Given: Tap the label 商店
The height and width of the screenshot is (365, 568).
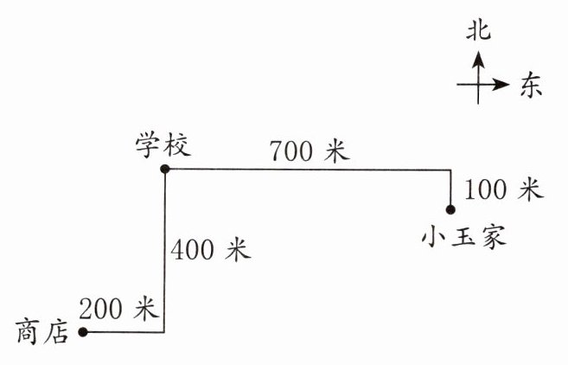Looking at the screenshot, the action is tap(41, 333).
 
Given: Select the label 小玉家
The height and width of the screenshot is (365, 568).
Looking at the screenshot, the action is tap(463, 235).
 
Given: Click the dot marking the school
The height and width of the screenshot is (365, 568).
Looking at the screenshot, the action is tap(165, 170).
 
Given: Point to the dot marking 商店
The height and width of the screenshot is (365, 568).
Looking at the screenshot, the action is tap(82, 331).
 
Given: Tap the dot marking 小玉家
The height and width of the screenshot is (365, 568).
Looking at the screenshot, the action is tap(450, 208).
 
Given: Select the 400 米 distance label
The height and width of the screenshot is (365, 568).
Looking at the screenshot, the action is tap(210, 251).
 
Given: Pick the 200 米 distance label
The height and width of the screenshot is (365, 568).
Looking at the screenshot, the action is tap(118, 307).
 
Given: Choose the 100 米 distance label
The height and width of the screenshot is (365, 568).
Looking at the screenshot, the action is tap(502, 188).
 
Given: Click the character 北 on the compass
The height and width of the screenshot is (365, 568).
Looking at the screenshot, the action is tap(478, 32).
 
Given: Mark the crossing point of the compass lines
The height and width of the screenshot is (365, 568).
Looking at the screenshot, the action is tap(478, 85).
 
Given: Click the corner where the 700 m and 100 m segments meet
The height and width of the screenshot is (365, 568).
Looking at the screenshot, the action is tap(450, 170).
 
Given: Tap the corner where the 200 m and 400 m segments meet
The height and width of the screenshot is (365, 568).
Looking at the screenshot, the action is tap(164, 331).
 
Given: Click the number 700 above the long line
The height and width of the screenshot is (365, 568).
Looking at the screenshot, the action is tap(290, 151).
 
